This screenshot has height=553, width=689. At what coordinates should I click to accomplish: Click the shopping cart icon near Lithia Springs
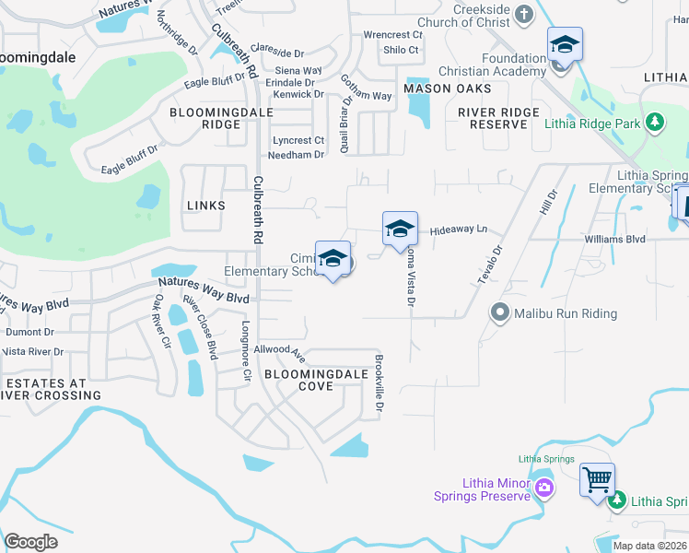(x=596, y=479)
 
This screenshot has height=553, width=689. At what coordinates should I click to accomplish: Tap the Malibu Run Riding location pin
(x=500, y=313)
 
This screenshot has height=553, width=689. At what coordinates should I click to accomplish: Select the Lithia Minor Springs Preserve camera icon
(x=545, y=487)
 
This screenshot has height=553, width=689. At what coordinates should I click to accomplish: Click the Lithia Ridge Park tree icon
(x=654, y=123)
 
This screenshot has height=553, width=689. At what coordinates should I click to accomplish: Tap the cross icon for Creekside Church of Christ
(x=524, y=14)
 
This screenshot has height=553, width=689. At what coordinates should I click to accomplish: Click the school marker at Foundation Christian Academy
(x=564, y=45)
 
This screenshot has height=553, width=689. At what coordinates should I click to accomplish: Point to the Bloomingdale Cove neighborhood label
(x=308, y=381)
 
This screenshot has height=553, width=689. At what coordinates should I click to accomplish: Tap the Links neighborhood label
(x=205, y=206)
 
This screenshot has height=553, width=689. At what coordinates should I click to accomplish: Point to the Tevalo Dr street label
(x=489, y=265)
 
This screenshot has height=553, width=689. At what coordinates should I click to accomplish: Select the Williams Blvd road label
(x=615, y=239)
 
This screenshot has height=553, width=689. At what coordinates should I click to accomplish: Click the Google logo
(x=31, y=542)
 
